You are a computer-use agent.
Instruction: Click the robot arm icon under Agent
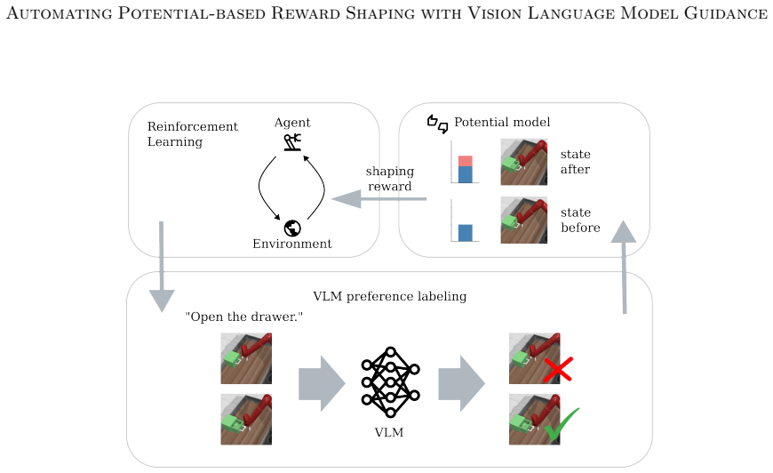point(292,142)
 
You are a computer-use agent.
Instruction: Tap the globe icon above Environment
point(292,228)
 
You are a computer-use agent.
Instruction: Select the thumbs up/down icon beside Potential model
point(437,124)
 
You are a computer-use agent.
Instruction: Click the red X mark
point(558,370)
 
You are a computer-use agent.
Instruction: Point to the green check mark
point(562,424)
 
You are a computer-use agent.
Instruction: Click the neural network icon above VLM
point(390,382)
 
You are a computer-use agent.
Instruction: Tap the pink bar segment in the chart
point(466,161)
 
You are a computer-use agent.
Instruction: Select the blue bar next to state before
point(466,233)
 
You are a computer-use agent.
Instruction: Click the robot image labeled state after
point(523,162)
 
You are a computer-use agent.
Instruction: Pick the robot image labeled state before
point(523,220)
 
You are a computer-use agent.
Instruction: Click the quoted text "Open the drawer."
point(244,317)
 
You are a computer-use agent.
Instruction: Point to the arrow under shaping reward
point(379,199)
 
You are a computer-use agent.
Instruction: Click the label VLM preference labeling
point(389,296)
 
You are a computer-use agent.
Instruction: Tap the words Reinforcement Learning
point(192,134)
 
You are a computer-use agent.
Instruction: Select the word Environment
point(292,244)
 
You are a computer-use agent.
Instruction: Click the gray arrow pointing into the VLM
point(322,383)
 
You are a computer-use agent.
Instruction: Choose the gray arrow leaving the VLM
point(462,383)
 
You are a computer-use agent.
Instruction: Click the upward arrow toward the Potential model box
point(624,267)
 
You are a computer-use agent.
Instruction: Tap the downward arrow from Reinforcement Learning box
point(161,267)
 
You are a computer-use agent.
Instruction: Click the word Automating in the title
point(60,12)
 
